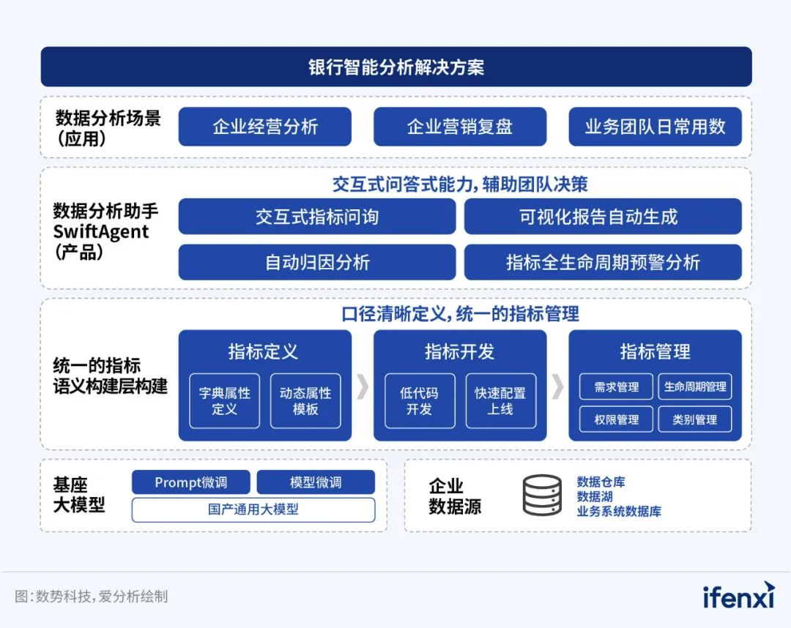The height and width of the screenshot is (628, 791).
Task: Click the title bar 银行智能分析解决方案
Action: point(395,67)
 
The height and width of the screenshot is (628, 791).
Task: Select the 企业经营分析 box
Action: point(264,127)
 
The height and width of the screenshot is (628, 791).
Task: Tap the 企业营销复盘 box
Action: point(459,127)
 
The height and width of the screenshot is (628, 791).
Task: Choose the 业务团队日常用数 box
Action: point(655,127)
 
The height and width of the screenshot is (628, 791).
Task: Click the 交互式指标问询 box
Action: point(316,217)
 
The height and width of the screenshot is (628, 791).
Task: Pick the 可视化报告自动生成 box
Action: point(602,217)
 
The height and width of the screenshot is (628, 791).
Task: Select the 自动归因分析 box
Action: point(316,262)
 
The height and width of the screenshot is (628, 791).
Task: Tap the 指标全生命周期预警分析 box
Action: point(602,262)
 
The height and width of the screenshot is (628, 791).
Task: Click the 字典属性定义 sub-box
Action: point(224,401)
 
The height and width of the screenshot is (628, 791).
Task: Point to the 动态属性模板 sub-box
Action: point(305,401)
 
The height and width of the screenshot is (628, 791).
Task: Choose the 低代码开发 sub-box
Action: point(420,401)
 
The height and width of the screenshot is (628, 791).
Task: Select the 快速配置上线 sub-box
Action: point(500,401)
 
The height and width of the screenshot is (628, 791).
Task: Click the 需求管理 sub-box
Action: point(616,387)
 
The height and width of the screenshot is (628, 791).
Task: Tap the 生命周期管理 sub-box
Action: point(694,387)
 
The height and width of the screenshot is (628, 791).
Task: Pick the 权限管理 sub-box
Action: point(616,419)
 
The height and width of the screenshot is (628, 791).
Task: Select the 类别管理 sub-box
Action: point(694,419)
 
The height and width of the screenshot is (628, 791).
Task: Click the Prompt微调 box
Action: point(190,482)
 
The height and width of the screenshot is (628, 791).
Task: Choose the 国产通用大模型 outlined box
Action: point(253,509)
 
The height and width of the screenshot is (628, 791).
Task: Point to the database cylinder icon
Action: point(542,496)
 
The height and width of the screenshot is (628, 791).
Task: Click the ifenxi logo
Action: point(738,596)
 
